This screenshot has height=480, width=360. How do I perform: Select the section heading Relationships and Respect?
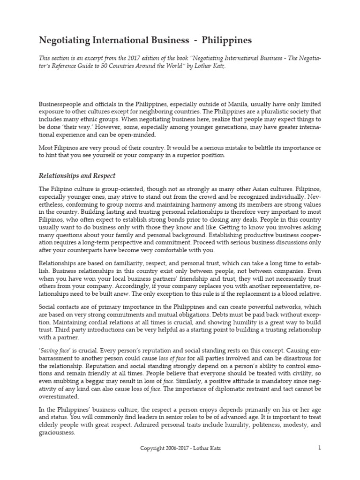pos(77,176)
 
